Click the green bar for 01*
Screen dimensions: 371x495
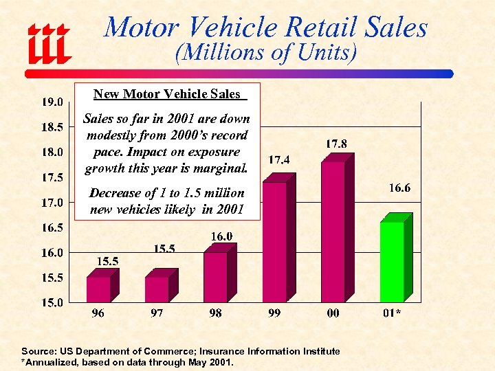[x=392, y=262]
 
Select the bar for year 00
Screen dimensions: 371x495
[x=333, y=232]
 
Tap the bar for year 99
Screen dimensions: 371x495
[x=274, y=242]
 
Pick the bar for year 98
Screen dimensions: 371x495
[x=215, y=277]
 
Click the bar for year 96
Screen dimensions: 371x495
[x=98, y=289]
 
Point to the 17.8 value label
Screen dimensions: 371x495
[x=335, y=144]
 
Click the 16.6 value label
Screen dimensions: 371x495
[x=399, y=188]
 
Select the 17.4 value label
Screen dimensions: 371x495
[x=278, y=159]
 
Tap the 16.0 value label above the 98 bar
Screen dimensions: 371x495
[x=221, y=236]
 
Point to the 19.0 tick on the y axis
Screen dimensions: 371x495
[x=52, y=102]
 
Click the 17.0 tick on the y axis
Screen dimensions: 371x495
[x=52, y=203]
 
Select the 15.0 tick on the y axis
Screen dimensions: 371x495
[x=52, y=302]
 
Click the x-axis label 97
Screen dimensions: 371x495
[x=157, y=313]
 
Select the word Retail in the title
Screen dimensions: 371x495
[x=322, y=28]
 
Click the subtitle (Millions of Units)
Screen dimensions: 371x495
[x=265, y=53]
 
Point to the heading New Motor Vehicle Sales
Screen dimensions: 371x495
[x=167, y=94]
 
